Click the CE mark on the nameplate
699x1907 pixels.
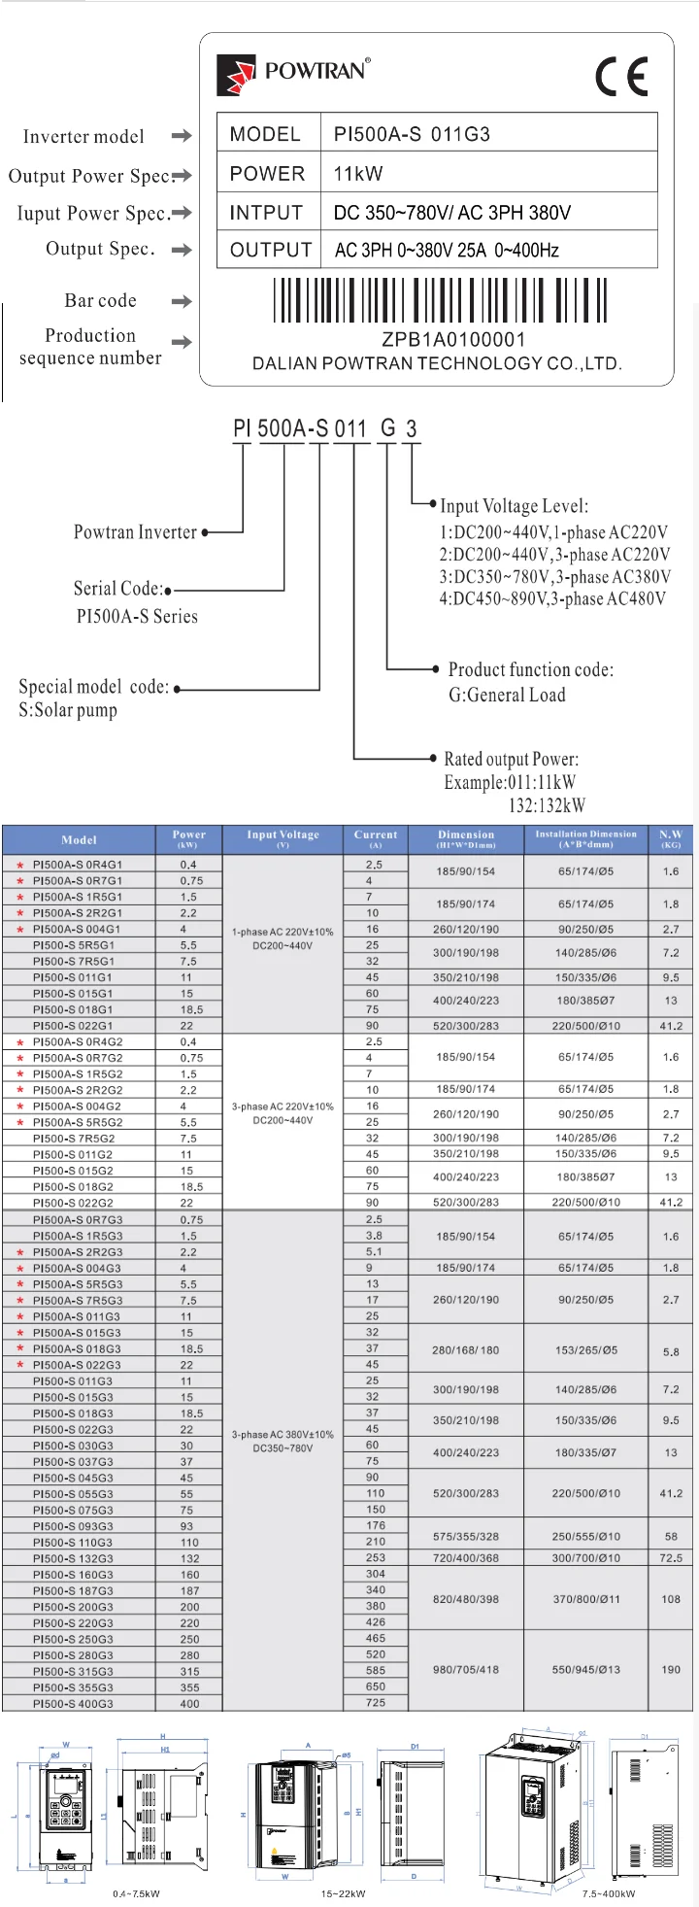(621, 77)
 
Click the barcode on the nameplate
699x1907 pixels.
(441, 300)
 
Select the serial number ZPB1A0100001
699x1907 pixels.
(453, 339)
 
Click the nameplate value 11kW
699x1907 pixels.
(358, 174)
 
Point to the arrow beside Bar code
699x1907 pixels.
(182, 301)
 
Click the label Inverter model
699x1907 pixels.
(83, 137)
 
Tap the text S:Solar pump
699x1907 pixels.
(68, 710)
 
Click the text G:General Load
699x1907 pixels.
(507, 695)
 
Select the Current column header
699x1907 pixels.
(376, 838)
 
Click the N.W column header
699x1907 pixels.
(671, 838)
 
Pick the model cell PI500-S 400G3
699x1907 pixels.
(73, 1703)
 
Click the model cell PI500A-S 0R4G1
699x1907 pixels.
(78, 864)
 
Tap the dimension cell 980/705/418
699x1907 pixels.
(466, 1670)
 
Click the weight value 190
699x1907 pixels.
(671, 1670)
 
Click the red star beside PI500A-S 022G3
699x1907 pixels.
(19, 1365)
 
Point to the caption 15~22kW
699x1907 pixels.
(344, 1893)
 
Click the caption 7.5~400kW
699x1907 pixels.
(609, 1893)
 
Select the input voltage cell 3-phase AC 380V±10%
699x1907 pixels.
(283, 1434)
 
